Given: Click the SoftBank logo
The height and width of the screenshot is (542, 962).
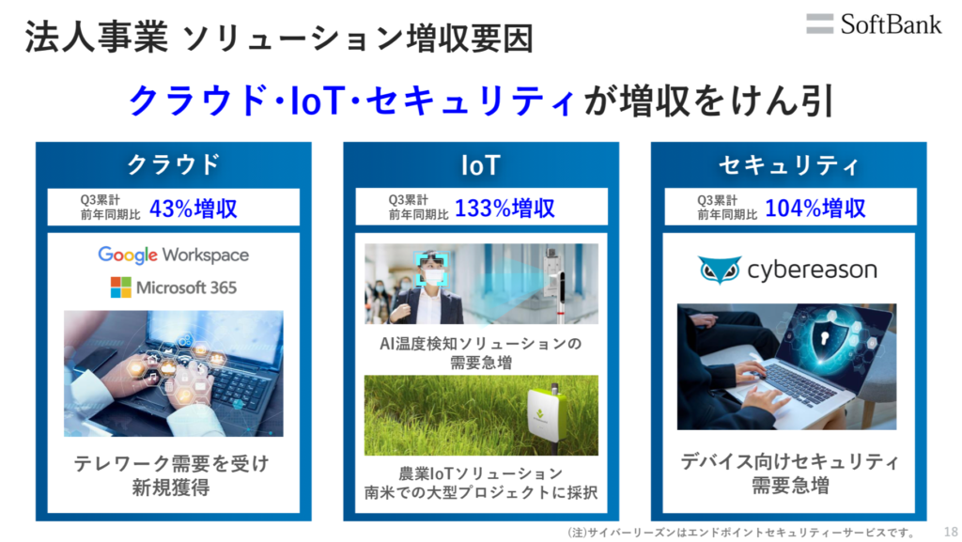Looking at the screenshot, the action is (x=874, y=24).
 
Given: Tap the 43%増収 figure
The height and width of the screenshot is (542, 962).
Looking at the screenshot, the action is (x=194, y=209).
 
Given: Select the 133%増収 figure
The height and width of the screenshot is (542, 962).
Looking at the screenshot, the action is (x=504, y=209).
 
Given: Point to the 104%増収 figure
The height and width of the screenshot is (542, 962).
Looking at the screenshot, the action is (x=815, y=209).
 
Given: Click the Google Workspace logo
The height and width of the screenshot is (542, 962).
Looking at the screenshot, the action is (x=174, y=255).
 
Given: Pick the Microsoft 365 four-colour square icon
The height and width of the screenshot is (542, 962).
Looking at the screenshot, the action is (x=121, y=286).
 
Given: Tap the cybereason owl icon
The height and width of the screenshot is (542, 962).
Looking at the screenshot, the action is (x=719, y=270).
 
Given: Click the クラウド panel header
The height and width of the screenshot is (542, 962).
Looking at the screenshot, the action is (x=174, y=164).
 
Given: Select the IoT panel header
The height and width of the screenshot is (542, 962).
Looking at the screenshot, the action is (x=481, y=165).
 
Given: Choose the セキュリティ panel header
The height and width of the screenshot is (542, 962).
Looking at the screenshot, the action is (x=789, y=165).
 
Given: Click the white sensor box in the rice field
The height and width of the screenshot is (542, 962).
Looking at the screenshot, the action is (x=547, y=414).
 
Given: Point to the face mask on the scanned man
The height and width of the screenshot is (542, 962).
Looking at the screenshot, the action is (x=433, y=277).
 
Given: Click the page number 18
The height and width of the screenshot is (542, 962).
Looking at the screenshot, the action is (x=951, y=532).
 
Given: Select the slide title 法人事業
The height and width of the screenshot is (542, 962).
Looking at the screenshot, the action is (x=97, y=38).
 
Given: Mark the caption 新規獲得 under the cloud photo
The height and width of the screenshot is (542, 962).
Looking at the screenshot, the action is (x=171, y=488).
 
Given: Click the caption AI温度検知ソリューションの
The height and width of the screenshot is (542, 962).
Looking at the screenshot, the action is (x=480, y=344).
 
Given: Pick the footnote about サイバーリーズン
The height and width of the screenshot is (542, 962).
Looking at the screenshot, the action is (x=741, y=532).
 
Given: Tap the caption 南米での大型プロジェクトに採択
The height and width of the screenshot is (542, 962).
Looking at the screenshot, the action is (x=481, y=492).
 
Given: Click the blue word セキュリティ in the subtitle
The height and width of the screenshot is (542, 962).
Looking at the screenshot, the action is (x=471, y=101).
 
